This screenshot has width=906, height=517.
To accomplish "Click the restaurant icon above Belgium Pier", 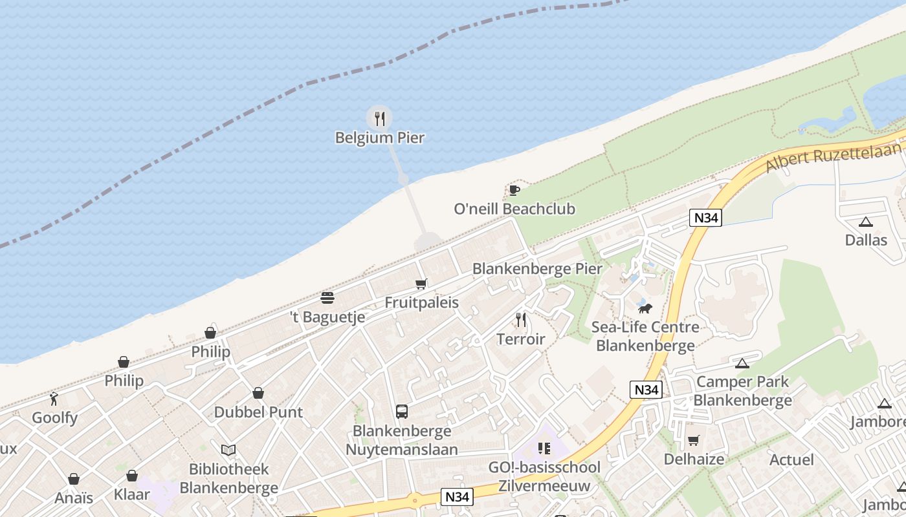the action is [380, 118].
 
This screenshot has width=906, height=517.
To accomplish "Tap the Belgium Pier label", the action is [380, 138].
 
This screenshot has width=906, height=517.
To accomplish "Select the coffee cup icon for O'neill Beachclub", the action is [514, 190].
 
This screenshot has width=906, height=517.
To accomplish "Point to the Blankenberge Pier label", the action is [537, 269].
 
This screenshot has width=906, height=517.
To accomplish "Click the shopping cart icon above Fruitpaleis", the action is [421, 284].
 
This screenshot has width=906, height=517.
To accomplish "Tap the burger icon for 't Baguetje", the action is [327, 298].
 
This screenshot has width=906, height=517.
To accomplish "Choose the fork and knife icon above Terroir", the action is [521, 320].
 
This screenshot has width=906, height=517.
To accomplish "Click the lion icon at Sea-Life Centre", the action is [645, 308].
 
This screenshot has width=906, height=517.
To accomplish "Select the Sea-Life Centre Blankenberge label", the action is [645, 336].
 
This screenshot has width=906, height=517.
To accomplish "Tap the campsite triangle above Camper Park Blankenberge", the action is [742, 363].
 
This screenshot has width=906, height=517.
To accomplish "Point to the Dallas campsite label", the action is [866, 240].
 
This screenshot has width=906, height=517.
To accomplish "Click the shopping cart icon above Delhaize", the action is [694, 440].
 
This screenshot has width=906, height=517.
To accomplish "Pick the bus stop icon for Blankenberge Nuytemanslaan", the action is [402, 411].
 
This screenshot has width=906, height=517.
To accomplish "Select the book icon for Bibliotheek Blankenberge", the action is [228, 450].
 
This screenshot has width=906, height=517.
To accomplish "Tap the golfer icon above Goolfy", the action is [54, 399].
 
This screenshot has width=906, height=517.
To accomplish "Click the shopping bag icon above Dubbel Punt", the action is [258, 393].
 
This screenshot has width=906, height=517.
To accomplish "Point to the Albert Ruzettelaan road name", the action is [834, 157].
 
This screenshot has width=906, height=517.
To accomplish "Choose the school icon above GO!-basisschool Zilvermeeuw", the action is [544, 448].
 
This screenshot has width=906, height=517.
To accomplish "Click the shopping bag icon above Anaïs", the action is [74, 479].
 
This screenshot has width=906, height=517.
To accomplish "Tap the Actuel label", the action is [792, 459].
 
